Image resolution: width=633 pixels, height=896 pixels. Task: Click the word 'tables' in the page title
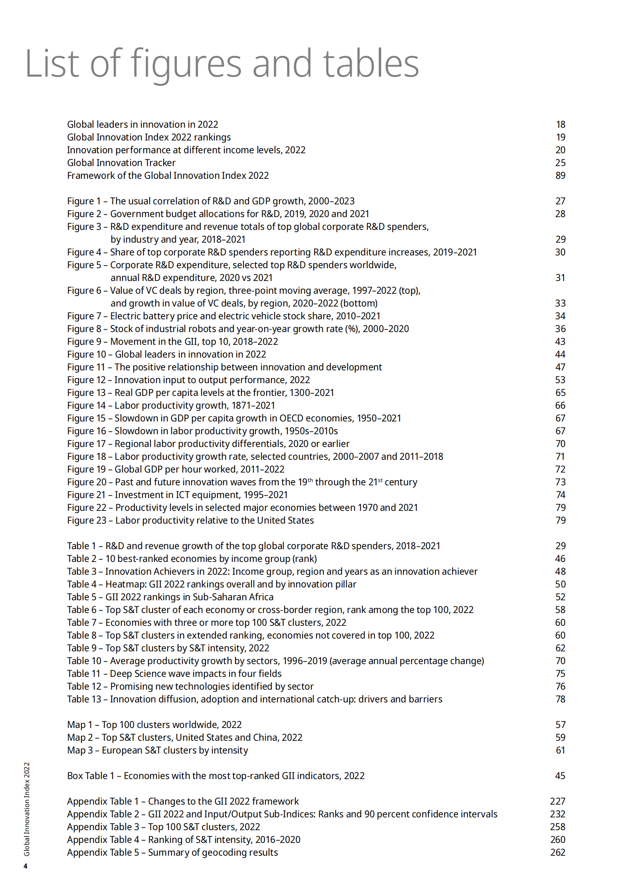[371, 63]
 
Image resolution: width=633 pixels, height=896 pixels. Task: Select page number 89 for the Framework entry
[560, 176]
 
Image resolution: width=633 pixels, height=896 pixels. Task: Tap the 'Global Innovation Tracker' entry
[121, 163]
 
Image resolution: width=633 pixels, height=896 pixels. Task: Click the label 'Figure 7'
[84, 316]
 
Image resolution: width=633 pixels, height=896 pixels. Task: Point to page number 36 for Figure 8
[560, 329]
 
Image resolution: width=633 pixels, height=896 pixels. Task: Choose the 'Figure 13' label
[87, 393]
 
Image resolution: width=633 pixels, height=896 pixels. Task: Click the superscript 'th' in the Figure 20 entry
[310, 480]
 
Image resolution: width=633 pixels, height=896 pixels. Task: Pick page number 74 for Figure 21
[560, 495]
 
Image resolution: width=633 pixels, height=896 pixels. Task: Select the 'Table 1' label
[81, 546]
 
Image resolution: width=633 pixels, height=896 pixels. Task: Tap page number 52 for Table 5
[560, 597]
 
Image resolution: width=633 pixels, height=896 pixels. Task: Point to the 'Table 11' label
[84, 674]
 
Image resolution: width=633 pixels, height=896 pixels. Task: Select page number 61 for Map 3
[560, 750]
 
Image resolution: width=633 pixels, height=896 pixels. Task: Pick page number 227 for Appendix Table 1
[557, 801]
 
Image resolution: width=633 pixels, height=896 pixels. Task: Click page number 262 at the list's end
[557, 852]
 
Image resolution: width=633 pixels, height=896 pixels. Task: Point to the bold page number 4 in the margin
[26, 866]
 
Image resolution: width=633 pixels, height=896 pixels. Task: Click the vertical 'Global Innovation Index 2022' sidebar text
[27, 809]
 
